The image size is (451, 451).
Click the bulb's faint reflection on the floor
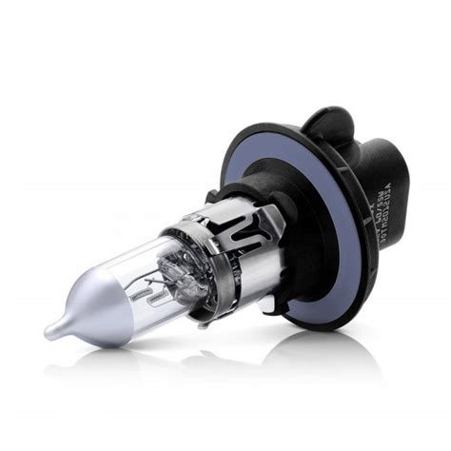[143, 366]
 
